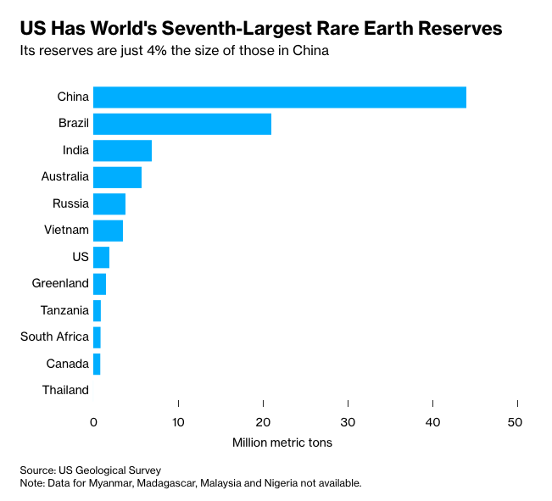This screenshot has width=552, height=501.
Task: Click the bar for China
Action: click(279, 97)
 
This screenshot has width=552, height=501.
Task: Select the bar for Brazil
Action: click(181, 124)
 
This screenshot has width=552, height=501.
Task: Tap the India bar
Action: click(122, 150)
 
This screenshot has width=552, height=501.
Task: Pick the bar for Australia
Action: click(117, 177)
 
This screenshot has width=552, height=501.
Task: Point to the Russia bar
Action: click(109, 203)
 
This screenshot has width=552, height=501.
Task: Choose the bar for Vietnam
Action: click(108, 230)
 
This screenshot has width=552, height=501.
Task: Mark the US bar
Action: click(101, 257)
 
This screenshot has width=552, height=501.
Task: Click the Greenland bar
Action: click(99, 283)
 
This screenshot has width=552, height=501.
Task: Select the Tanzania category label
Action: click(64, 310)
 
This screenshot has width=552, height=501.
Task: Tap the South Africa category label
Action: click(54, 337)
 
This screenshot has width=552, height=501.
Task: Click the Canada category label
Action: click(68, 364)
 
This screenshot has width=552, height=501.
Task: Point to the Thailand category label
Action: click(65, 390)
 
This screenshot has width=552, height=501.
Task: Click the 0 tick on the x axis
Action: click(93, 421)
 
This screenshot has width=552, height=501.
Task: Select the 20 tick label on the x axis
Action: click(263, 421)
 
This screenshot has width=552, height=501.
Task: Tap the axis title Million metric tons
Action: click(282, 443)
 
